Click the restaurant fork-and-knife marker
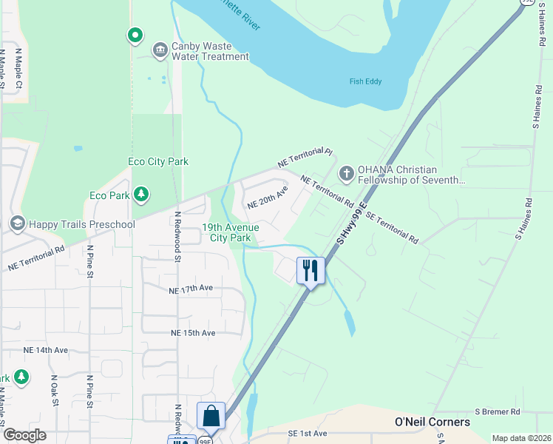click(311, 270)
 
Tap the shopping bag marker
click(211, 416)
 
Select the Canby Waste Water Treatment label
click(210, 51)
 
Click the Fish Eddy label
click(366, 81)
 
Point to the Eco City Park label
click(157, 161)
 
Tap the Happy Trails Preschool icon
click(17, 223)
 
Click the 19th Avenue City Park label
click(230, 232)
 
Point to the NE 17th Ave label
click(191, 289)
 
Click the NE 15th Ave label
click(191, 333)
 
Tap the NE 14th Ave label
click(46, 350)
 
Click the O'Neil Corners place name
click(432, 422)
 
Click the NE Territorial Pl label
click(305, 157)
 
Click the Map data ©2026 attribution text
click(520, 438)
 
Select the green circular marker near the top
click(135, 35)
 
